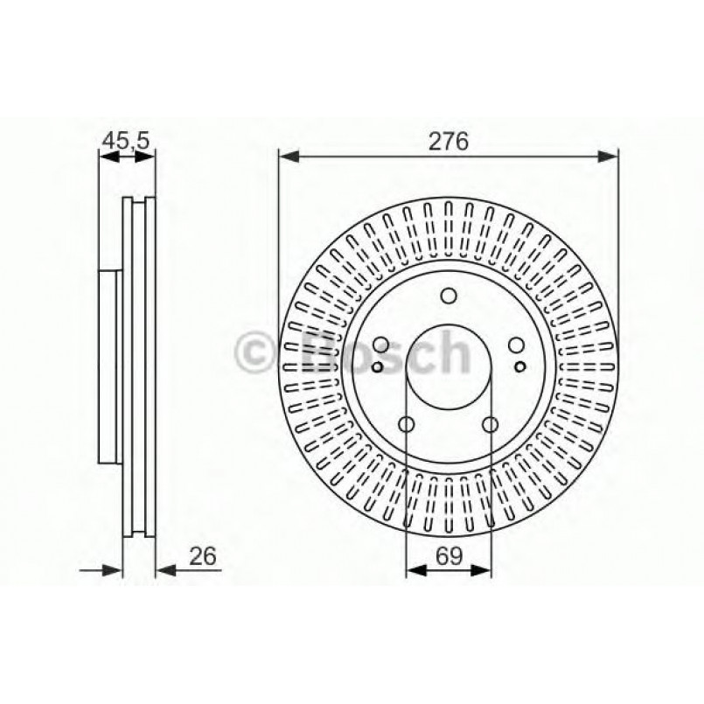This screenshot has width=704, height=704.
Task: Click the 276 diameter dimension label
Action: pyautogui.click(x=448, y=140)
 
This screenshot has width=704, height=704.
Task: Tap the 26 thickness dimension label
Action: pyautogui.click(x=201, y=556)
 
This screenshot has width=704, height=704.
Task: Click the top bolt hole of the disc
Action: pyautogui.click(x=449, y=296)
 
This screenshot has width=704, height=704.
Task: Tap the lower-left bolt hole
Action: pyautogui.click(x=407, y=425)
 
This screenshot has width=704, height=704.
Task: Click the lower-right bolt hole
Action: pyautogui.click(x=491, y=425)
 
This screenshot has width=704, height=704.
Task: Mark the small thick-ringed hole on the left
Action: pyautogui.click(x=377, y=366)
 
